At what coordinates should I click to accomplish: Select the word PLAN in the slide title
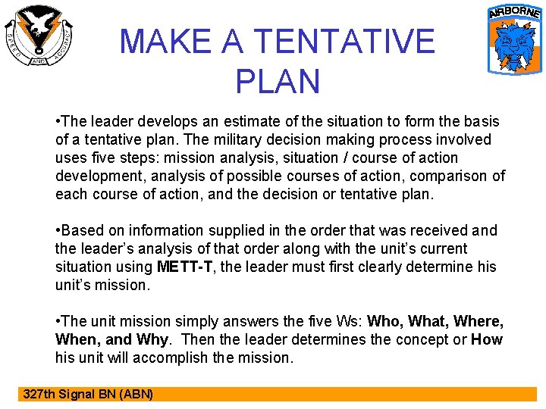[x=278, y=81]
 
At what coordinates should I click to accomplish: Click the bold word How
[x=487, y=339]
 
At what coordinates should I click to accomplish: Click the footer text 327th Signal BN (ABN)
[x=88, y=394]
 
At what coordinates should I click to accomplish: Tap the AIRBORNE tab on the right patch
[x=514, y=13]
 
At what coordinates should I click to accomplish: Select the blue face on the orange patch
[x=514, y=45]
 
